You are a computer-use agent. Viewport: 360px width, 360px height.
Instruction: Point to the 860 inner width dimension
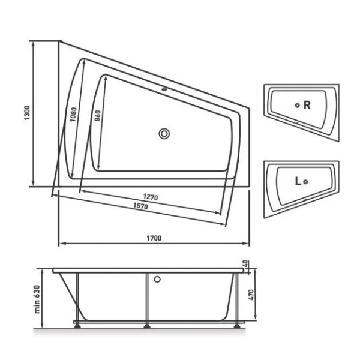click(97, 115)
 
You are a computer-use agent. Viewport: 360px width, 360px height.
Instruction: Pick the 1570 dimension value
click(139, 206)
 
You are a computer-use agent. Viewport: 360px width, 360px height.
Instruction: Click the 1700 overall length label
click(154, 238)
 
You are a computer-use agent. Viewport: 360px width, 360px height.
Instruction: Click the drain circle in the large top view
click(164, 134)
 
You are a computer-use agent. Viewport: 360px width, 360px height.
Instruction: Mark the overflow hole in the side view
click(158, 279)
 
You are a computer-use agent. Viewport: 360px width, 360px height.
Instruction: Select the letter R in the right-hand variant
click(307, 105)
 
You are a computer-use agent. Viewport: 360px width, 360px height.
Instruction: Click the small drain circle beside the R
click(297, 105)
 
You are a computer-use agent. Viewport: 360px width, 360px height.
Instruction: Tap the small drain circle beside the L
click(306, 181)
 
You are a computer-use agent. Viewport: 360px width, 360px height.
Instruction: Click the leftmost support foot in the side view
click(77, 326)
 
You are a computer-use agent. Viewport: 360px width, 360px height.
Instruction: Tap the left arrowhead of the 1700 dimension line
click(60, 244)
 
